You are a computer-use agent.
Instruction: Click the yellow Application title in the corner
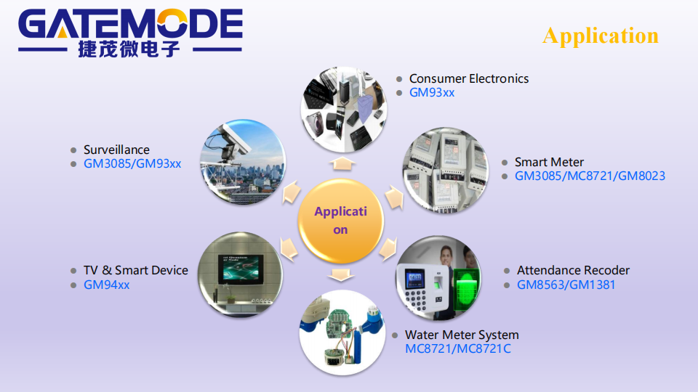pyautogui.click(x=601, y=36)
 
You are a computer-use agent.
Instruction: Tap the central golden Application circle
pyautogui.click(x=340, y=221)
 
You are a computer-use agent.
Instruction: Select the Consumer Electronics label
pyautogui.click(x=469, y=78)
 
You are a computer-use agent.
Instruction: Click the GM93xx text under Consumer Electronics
pyautogui.click(x=432, y=92)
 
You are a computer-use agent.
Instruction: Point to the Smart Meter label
pyautogui.click(x=549, y=162)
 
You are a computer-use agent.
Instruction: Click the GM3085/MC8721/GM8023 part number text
pyautogui.click(x=590, y=176)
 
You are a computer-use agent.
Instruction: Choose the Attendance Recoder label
pyautogui.click(x=573, y=270)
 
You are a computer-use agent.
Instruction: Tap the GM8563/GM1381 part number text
pyautogui.click(x=566, y=285)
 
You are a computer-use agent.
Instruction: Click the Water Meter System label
pyautogui.click(x=462, y=335)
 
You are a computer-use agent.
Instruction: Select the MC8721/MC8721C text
pyautogui.click(x=457, y=349)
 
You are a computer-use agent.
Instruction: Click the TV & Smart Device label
pyautogui.click(x=136, y=270)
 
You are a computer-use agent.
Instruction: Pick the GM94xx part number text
pyautogui.click(x=106, y=285)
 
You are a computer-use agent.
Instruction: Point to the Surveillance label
pyautogui.click(x=116, y=150)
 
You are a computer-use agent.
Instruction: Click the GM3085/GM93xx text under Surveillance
pyautogui.click(x=132, y=163)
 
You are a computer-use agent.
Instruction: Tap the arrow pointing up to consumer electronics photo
pyautogui.click(x=342, y=163)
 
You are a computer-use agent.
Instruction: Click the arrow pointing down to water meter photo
pyautogui.click(x=340, y=274)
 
